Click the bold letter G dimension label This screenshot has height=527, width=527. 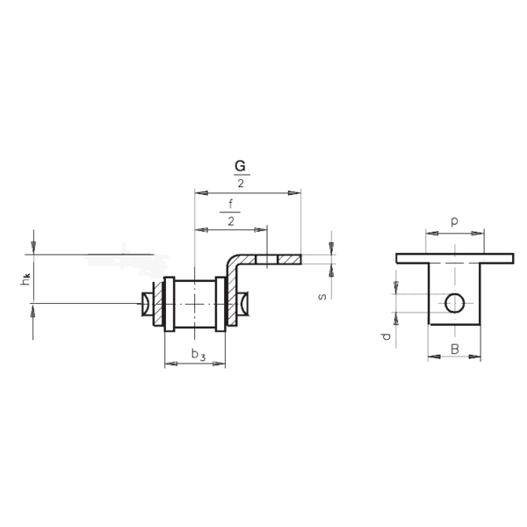pyautogui.click(x=240, y=166)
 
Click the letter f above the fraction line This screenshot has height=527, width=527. pyautogui.click(x=230, y=204)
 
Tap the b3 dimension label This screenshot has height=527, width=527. pyautogui.click(x=199, y=355)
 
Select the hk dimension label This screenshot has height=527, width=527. pyautogui.click(x=25, y=279)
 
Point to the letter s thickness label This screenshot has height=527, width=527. pyautogui.click(x=322, y=297)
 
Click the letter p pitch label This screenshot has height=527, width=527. pyautogui.click(x=454, y=221)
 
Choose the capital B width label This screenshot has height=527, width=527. pyautogui.click(x=454, y=350)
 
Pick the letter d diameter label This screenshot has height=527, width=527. pyautogui.click(x=386, y=336)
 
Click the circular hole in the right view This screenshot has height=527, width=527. pyautogui.click(x=455, y=303)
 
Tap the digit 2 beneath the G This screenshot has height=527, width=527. pyautogui.click(x=241, y=184)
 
